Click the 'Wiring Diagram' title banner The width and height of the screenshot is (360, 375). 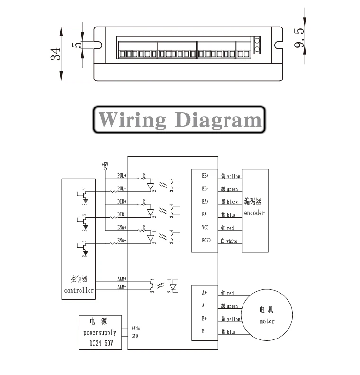[x=179, y=120]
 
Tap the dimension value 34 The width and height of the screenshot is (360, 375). [x=55, y=54]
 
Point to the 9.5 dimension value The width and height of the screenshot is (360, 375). [x=299, y=37]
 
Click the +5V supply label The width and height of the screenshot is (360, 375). [x=105, y=164]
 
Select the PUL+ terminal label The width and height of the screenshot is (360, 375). [x=122, y=175]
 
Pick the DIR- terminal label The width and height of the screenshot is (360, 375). [x=122, y=214]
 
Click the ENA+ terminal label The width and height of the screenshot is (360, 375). [x=122, y=228]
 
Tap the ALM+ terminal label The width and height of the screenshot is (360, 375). [x=122, y=279]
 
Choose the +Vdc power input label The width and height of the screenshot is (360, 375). [x=135, y=328]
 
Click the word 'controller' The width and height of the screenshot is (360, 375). [x=79, y=290]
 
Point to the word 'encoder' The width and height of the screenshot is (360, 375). [x=254, y=213]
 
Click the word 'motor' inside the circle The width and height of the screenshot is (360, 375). [x=267, y=321]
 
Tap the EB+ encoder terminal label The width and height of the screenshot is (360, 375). [x=206, y=176]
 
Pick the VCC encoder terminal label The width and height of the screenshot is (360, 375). [x=206, y=228]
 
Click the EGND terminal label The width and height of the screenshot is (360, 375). [x=206, y=241]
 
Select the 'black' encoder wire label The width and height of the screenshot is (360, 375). [x=232, y=202]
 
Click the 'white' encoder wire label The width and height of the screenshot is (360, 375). [x=232, y=241]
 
